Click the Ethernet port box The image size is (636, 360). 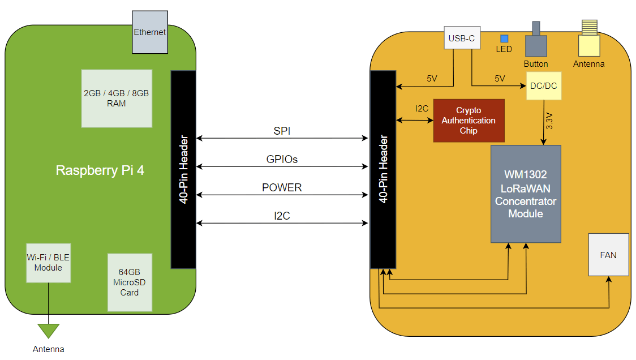pos(150,32)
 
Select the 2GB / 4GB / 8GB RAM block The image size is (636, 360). pos(117,98)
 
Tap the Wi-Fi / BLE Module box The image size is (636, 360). pos(48,263)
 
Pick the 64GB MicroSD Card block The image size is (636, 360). pos(130,282)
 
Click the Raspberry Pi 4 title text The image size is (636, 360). pos(100,170)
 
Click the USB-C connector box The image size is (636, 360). pos(462,38)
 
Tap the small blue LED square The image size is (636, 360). pos(504,38)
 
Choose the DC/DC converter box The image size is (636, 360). pos(544,85)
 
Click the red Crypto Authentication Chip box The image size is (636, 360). pos(469,121)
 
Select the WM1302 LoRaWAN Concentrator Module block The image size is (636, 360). pos(526,194)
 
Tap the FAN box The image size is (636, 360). pos(608,255)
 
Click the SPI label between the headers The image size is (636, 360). pos(282,131)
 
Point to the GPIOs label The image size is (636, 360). pos(282,159)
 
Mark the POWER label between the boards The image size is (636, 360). pos(282,187)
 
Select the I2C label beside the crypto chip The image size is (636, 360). pos(422,109)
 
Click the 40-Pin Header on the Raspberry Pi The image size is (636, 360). pos(183,170)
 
